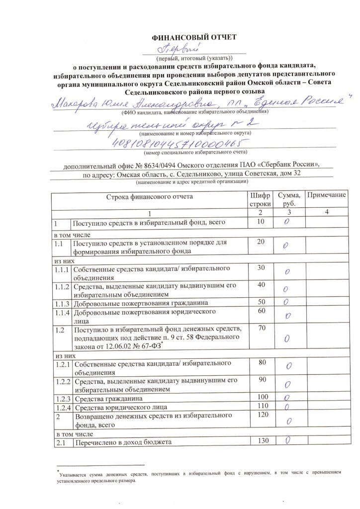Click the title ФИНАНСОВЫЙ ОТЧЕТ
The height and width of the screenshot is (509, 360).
(x=194, y=37)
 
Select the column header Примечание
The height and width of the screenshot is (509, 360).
(x=326, y=195)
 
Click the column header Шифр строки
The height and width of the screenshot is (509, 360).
(x=260, y=200)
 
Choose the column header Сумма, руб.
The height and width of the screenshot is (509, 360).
(x=288, y=200)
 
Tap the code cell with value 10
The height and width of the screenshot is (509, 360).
(x=261, y=222)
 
